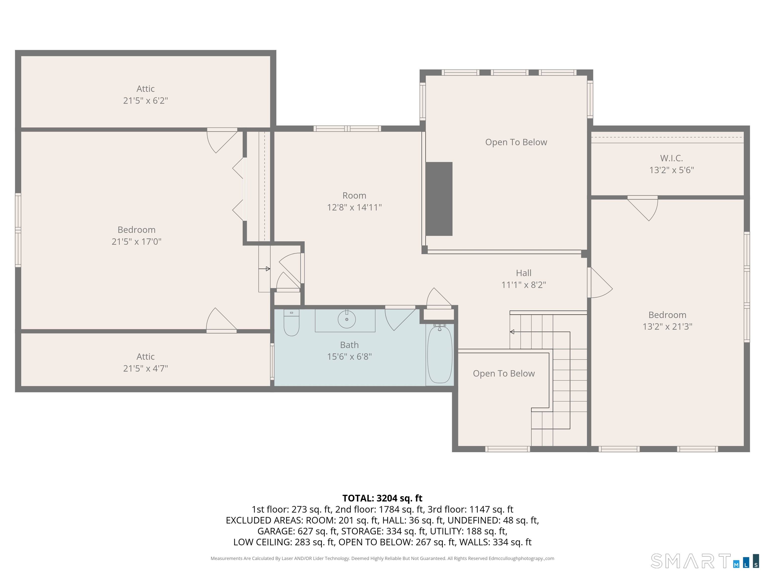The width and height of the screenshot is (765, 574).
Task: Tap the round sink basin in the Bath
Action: [x=347, y=319]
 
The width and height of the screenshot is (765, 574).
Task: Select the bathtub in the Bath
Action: [x=440, y=354]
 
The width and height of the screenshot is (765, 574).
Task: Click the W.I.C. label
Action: [x=671, y=158]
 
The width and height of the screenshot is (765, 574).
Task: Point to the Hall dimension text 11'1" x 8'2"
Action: [x=524, y=285]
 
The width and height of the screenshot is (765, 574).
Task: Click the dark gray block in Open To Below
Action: [x=439, y=199]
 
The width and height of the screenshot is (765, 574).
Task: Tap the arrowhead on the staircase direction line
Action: [x=512, y=332]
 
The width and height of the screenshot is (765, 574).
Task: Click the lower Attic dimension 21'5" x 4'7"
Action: [x=146, y=368]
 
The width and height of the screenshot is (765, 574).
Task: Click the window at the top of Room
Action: [x=347, y=129]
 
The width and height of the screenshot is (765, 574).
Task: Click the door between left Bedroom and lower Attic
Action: [x=222, y=320]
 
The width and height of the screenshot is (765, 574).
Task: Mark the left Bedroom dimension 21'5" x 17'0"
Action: [x=137, y=241]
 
